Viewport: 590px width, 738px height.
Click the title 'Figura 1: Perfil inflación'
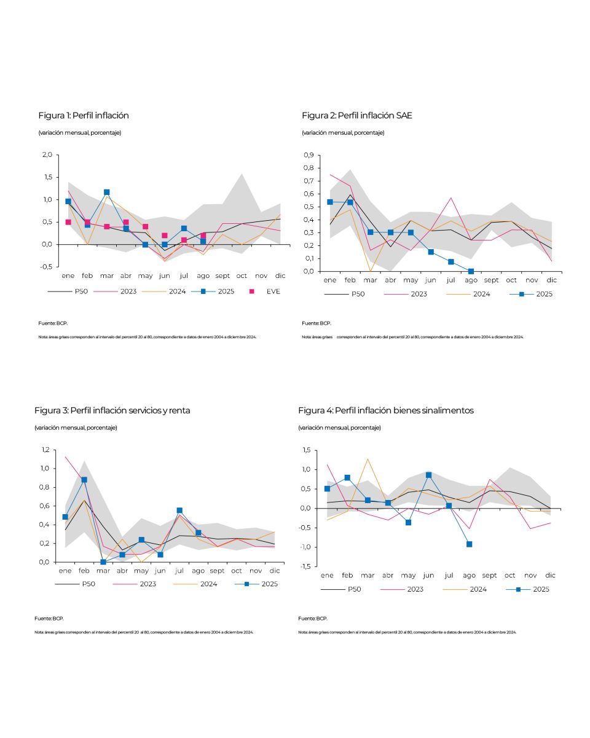point(84,116)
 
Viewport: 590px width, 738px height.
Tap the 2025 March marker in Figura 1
point(106,192)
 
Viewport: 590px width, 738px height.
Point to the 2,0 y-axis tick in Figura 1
point(47,155)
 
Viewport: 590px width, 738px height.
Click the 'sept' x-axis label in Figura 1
point(222,276)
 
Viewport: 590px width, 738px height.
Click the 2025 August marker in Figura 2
point(471,271)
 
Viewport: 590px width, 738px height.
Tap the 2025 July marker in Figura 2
point(451,262)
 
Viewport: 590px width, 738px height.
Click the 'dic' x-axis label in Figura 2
point(551,280)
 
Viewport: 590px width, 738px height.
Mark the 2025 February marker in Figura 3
point(84,480)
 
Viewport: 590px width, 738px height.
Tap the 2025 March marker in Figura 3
point(103,562)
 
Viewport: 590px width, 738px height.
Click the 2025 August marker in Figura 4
point(469,544)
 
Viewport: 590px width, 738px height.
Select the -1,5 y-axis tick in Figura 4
point(305,567)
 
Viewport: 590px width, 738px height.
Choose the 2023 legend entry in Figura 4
point(415,589)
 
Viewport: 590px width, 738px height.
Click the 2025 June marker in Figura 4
point(428,475)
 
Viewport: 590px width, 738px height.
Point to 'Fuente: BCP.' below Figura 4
point(312,618)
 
